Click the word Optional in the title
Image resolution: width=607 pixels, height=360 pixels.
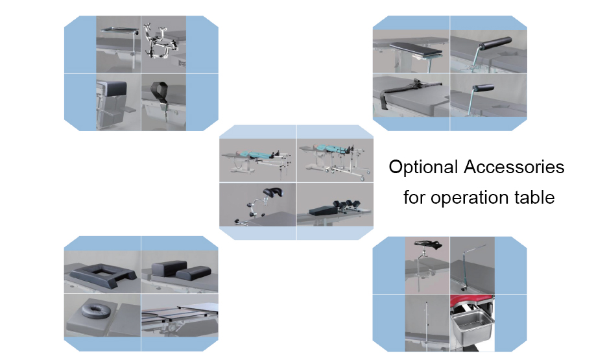(x=423, y=167)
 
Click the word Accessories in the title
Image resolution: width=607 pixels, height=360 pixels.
(x=514, y=167)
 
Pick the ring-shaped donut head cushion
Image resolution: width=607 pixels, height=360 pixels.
(x=93, y=309)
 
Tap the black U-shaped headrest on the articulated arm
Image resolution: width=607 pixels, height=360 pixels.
(x=273, y=193)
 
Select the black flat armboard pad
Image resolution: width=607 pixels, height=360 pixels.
(x=416, y=49)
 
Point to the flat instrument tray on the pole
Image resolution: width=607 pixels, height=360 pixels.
(x=119, y=30)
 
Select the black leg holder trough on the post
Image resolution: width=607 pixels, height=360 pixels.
(x=428, y=245)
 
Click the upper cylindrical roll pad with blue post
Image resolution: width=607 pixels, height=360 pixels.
(x=495, y=43)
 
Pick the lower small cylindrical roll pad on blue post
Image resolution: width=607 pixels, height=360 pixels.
(x=484, y=89)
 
